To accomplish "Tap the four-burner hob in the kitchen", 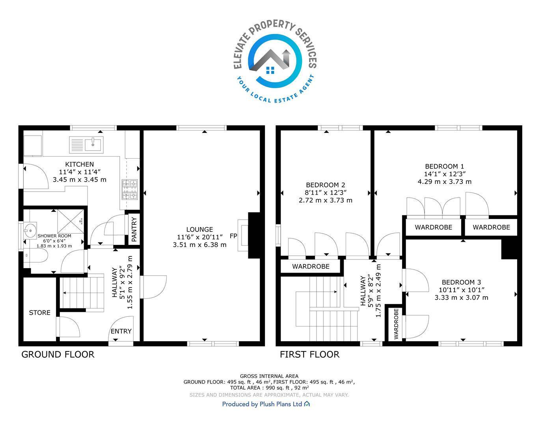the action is pyautogui.click(x=130, y=189).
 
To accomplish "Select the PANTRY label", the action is pyautogui.click(x=134, y=229).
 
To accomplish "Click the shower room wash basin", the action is pyautogui.click(x=30, y=230).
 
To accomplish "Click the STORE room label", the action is pyautogui.click(x=40, y=313).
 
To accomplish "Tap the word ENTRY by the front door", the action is pyautogui.click(x=121, y=331).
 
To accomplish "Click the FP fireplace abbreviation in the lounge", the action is pyautogui.click(x=233, y=236).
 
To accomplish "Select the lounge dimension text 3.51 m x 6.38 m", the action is pyautogui.click(x=199, y=245).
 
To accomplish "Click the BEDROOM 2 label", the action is pyautogui.click(x=326, y=185).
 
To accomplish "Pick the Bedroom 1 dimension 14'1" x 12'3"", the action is pyautogui.click(x=445, y=174).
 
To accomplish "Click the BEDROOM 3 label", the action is pyautogui.click(x=461, y=282).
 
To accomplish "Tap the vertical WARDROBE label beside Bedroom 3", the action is pyautogui.click(x=396, y=324).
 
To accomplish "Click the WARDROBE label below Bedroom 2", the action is pyautogui.click(x=311, y=267).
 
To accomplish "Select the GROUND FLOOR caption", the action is pyautogui.click(x=58, y=354).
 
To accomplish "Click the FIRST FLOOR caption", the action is pyautogui.click(x=309, y=354).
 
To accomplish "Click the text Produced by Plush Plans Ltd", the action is pyautogui.click(x=262, y=404).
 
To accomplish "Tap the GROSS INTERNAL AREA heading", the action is pyautogui.click(x=269, y=376).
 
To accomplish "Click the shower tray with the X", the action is pyautogui.click(x=71, y=222).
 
